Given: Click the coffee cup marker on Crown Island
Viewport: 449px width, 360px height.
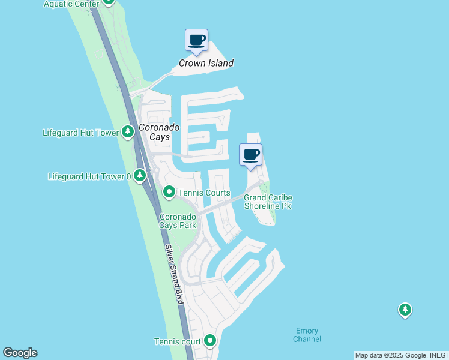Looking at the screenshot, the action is pyautogui.click(x=196, y=41).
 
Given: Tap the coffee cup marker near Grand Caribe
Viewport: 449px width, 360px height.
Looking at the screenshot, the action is pyautogui.click(x=250, y=155).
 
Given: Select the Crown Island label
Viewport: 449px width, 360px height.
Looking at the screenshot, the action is pyautogui.click(x=206, y=63).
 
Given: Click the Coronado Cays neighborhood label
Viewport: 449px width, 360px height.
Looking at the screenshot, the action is pyautogui.click(x=155, y=132).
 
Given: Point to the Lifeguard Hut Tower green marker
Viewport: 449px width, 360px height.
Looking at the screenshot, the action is pyautogui.click(x=127, y=132).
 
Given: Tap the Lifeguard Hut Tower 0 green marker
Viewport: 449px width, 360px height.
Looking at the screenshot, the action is pyautogui.click(x=140, y=176).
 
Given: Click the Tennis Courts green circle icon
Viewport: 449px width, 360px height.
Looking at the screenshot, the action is pyautogui.click(x=169, y=193).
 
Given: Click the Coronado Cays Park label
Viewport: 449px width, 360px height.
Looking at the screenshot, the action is pyautogui.click(x=178, y=221).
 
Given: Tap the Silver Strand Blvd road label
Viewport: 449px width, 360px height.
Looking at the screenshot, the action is pyautogui.click(x=174, y=274).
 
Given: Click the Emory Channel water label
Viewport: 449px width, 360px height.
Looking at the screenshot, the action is pyautogui.click(x=307, y=335).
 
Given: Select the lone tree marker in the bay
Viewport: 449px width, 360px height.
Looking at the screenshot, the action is pyautogui.click(x=405, y=310).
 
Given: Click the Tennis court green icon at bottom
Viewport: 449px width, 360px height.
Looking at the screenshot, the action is pyautogui.click(x=210, y=341).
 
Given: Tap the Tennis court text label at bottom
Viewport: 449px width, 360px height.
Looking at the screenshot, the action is pyautogui.click(x=178, y=342).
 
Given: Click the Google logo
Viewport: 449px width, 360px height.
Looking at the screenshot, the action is pyautogui.click(x=20, y=353).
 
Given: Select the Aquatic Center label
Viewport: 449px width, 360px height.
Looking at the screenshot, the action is pyautogui.click(x=71, y=4).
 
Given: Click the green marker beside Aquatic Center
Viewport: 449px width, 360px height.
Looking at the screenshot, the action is pyautogui.click(x=108, y=2).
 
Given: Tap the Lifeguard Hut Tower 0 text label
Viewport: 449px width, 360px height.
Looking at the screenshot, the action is pyautogui.click(x=89, y=176).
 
